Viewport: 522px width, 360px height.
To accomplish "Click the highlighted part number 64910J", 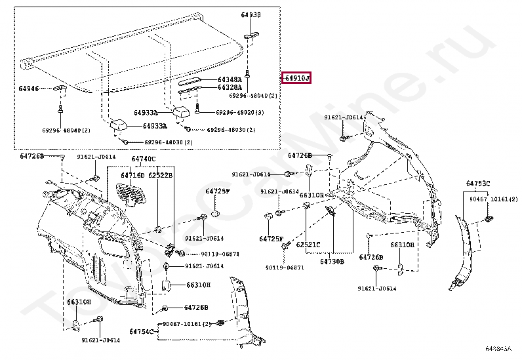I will (x=297, y=79).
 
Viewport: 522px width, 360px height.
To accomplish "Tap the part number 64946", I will (x=29, y=88).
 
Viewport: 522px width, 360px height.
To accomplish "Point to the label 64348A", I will (x=230, y=79).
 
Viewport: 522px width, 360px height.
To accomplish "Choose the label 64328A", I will (x=230, y=87).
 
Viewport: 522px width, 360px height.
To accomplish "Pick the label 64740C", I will (x=143, y=159).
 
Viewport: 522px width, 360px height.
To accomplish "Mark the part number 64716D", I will (x=132, y=175).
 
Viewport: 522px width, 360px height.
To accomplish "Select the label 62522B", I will (x=160, y=175).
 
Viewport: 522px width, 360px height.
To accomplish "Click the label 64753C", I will (x=478, y=183).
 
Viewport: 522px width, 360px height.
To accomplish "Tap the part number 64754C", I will (x=142, y=331).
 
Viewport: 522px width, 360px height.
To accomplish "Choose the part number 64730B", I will (x=332, y=261).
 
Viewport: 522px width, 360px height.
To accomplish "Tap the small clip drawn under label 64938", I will (x=250, y=36).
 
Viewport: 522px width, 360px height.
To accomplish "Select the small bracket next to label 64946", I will (x=60, y=89).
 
